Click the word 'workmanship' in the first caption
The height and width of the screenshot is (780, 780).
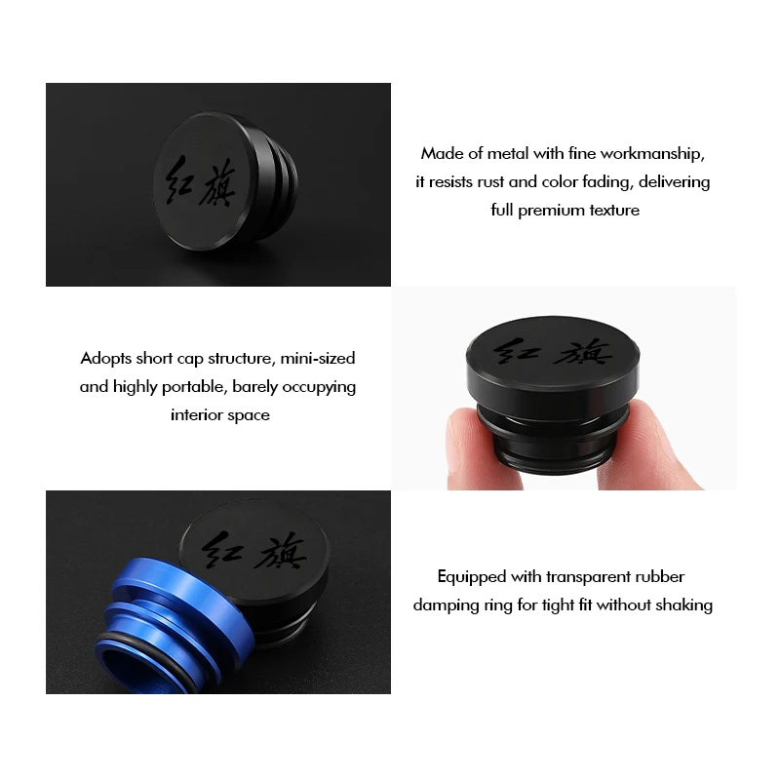[x=652, y=154]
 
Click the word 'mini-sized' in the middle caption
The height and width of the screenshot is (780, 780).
[x=318, y=359]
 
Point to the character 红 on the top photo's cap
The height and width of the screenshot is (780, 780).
[x=178, y=180]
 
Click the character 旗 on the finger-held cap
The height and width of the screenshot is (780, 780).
[x=584, y=352]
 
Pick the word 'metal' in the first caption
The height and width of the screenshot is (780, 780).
[x=508, y=154]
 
